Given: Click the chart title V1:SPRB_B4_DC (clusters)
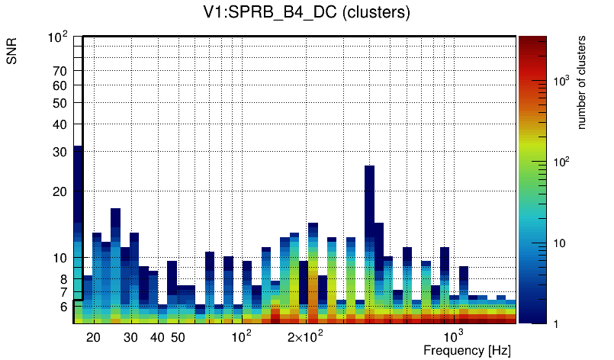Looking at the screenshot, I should point(306,14).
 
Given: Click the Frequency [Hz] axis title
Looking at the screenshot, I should point(467,350).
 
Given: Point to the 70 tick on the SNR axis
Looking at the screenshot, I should point(59,71).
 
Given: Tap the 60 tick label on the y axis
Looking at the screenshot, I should point(59,85).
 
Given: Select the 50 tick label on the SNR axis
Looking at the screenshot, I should point(59,103).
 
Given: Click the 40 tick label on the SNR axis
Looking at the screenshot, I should point(59,124).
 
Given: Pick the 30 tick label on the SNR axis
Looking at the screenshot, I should point(59,152).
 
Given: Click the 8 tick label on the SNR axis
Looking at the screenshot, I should point(63,279).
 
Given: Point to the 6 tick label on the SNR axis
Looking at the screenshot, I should point(63,307).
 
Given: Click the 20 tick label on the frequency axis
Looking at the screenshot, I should point(93,337).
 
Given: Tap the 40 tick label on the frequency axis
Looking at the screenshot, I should point(157,337).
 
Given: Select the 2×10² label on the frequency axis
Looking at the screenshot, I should point(306,336).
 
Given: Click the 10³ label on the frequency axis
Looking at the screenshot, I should point(454,336).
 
